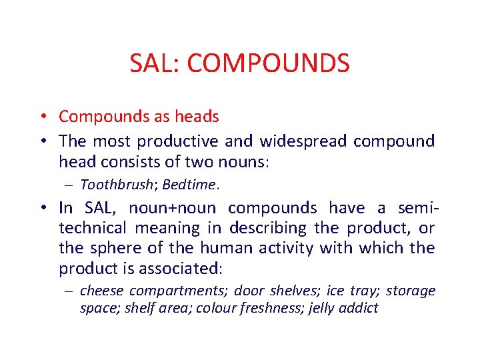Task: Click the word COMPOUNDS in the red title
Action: coord(268,63)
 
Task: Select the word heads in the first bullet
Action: coord(197,117)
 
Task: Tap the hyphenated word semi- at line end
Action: coord(416,208)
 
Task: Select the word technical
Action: coord(93,228)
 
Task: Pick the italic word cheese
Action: coord(102,291)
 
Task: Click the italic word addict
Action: coord(360,308)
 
